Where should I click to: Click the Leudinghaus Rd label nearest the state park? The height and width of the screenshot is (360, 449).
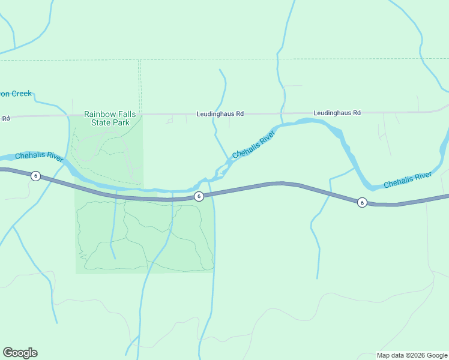tap(220, 113)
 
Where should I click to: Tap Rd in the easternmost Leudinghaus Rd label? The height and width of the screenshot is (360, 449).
tap(356, 112)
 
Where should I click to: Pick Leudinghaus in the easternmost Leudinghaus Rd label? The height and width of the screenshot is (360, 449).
tap(332, 112)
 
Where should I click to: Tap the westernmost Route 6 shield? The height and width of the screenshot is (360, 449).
tap(36, 176)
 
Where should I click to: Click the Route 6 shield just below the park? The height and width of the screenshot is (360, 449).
tap(198, 196)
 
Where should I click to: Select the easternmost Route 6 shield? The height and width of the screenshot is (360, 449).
tap(362, 202)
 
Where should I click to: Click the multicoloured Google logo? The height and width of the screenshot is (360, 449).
tap(20, 353)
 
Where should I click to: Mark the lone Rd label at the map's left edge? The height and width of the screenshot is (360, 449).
tap(5, 118)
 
